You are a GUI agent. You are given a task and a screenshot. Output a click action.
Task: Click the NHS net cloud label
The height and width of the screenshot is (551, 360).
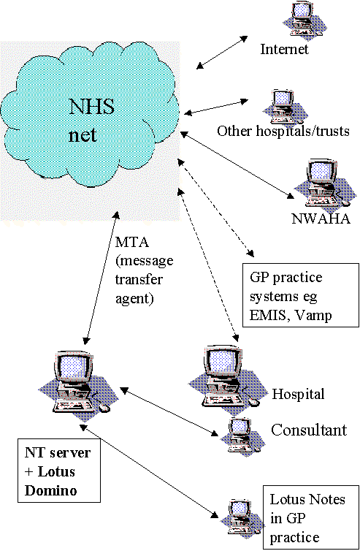[x=91, y=121]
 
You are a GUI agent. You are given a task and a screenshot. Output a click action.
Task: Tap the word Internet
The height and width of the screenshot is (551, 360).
[x=284, y=49]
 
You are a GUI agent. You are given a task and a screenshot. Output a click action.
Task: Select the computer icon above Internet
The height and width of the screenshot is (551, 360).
[x=305, y=20]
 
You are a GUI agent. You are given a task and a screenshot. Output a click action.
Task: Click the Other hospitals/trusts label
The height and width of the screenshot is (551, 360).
[x=283, y=131]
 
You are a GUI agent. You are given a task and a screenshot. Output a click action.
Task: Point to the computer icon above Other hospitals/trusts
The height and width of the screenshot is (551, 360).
[x=285, y=107]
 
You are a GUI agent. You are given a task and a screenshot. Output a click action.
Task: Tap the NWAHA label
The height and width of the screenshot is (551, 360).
[x=321, y=218]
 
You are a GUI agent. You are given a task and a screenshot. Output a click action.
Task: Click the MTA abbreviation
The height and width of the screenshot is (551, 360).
[x=132, y=242]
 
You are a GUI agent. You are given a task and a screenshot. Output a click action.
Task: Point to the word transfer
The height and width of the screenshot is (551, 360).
[x=139, y=280]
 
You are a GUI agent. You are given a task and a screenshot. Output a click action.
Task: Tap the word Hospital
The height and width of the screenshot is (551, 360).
[x=298, y=394]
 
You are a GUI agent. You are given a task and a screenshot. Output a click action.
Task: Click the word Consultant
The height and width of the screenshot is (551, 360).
[x=309, y=430]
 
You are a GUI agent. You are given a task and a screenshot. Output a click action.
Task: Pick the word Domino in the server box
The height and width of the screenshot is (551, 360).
[x=51, y=490]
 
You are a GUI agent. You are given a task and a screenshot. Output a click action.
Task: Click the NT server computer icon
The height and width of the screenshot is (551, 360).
[x=77, y=386]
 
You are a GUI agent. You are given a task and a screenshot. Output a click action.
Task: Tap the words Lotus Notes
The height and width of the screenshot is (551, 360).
[x=307, y=499]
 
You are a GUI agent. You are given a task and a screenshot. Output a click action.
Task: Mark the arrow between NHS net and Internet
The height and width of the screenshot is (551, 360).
[x=222, y=53]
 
